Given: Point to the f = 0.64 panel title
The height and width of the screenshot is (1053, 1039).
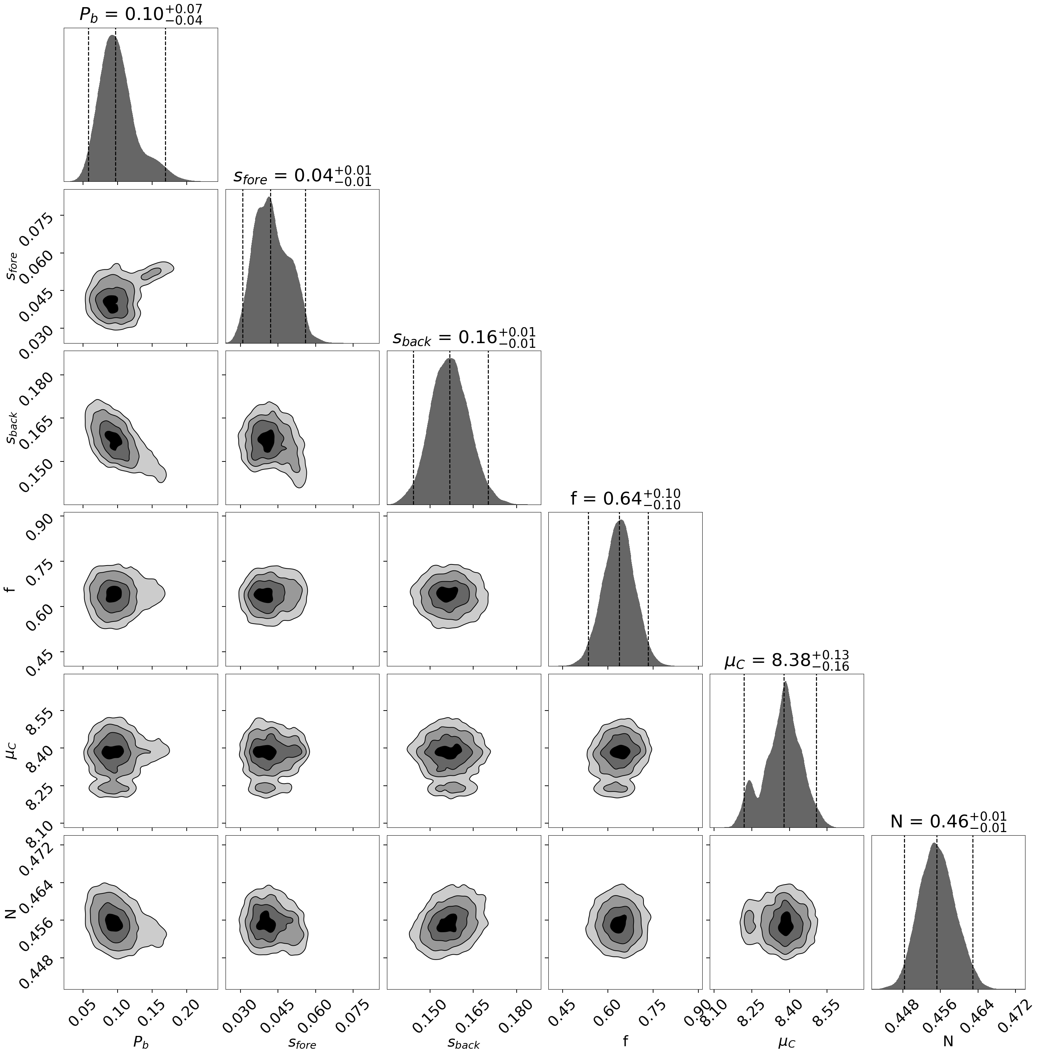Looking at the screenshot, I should click(625, 498).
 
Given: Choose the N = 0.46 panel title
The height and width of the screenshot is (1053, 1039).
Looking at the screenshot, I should click(948, 821).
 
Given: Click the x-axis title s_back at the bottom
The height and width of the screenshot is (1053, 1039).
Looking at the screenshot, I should click(463, 1042).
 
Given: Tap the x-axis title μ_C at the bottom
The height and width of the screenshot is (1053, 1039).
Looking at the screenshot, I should click(786, 1042).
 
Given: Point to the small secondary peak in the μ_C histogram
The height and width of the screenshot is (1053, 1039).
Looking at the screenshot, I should click(749, 784).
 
